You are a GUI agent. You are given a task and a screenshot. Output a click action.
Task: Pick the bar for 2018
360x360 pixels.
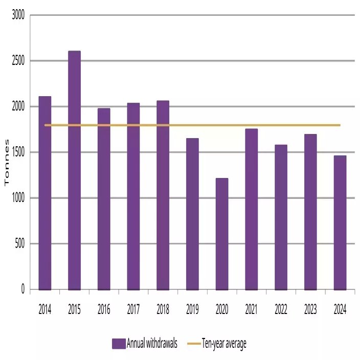click(x=163, y=195)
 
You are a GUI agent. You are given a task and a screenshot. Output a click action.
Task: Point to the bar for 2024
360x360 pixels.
click(x=340, y=222)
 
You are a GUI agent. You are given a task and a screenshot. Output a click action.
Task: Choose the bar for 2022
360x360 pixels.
click(x=281, y=217)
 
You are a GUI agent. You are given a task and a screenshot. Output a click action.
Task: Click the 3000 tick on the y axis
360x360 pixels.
click(x=18, y=16)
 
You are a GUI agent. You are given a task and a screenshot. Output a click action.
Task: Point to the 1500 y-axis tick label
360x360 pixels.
click(x=18, y=152)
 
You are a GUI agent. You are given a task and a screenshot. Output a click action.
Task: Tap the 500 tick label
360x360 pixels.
click(x=19, y=244)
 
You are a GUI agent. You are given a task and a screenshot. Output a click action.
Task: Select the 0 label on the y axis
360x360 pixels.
click(x=22, y=289)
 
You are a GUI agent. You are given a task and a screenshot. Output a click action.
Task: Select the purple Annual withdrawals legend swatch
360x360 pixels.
click(x=119, y=344)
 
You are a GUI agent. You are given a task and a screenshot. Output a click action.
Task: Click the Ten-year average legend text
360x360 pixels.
click(x=224, y=344)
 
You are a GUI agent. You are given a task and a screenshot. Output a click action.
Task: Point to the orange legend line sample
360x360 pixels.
click(x=194, y=344)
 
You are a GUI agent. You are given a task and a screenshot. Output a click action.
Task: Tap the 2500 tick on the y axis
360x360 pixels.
click(x=18, y=61)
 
